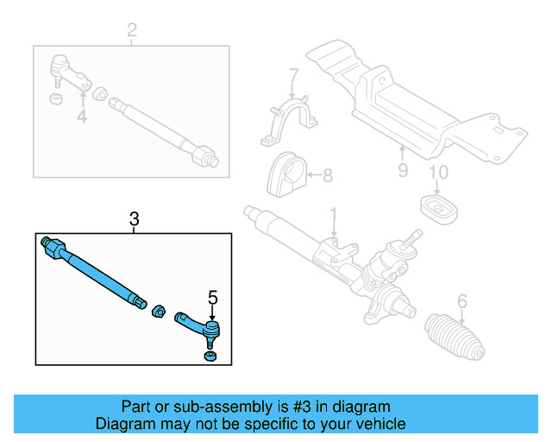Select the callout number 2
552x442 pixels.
pyautogui.click(x=131, y=32)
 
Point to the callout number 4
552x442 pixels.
pyautogui.click(x=81, y=115)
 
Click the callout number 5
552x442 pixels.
pyautogui.click(x=212, y=299)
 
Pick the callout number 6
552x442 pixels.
pyautogui.click(x=461, y=301)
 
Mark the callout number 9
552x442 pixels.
pyautogui.click(x=402, y=170)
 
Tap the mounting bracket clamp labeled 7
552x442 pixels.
pyautogui.click(x=286, y=123)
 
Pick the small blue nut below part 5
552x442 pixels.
pyautogui.click(x=209, y=356)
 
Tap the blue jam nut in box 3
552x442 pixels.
pyautogui.click(x=159, y=309)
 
